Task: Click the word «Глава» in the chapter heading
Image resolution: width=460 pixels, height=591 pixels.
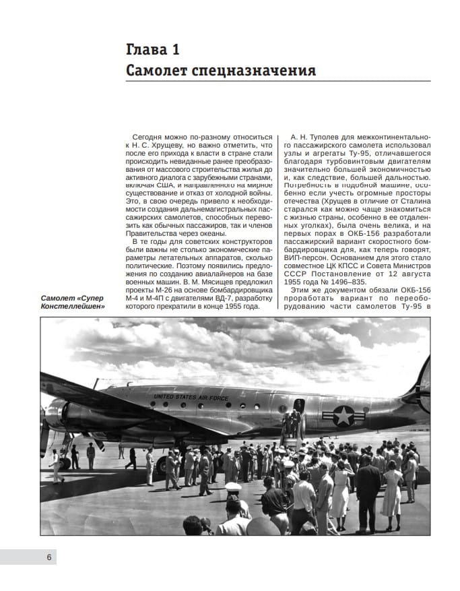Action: (147, 49)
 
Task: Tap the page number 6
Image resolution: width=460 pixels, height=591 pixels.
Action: (49, 557)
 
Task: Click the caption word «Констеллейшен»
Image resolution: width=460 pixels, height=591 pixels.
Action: (73, 307)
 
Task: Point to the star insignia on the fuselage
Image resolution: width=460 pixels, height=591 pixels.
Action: (345, 416)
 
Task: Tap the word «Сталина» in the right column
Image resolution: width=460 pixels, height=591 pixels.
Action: (411, 202)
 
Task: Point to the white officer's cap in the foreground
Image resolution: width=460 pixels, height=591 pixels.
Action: (234, 487)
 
